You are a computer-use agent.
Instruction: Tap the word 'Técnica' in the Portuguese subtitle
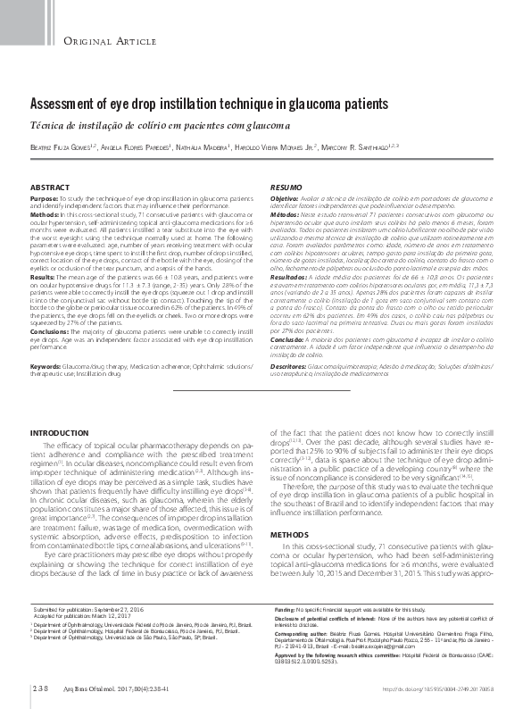tap(51, 124)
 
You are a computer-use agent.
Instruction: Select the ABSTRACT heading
tap(50, 186)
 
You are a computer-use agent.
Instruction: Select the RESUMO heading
tap(286, 186)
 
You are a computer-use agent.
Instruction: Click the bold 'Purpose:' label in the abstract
tap(45, 196)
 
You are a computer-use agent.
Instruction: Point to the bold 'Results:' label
tap(44, 279)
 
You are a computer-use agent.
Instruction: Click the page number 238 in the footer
tap(38, 689)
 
